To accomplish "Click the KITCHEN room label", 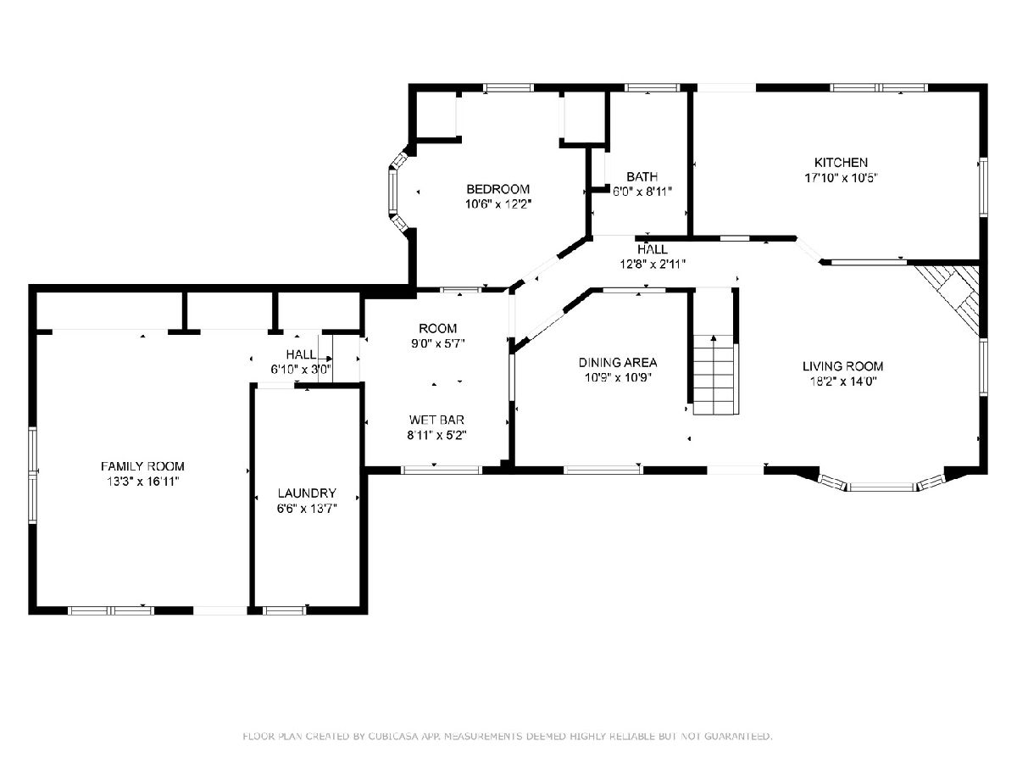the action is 841,163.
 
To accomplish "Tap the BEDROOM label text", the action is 497,189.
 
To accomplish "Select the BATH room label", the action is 642,176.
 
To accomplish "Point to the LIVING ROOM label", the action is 842,366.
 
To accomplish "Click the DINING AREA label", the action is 618,362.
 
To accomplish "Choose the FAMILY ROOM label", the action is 142,466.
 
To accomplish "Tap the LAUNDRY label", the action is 307,493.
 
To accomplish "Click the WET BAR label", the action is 436,420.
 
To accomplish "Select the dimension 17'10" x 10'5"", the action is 841,178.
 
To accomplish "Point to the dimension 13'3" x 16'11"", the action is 142,482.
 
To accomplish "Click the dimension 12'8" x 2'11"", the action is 653,264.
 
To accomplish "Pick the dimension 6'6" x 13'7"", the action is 307,509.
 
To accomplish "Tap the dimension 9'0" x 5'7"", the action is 437,343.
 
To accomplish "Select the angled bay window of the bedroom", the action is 396,192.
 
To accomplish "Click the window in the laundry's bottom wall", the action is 285,610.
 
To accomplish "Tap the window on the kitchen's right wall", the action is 983,187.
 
